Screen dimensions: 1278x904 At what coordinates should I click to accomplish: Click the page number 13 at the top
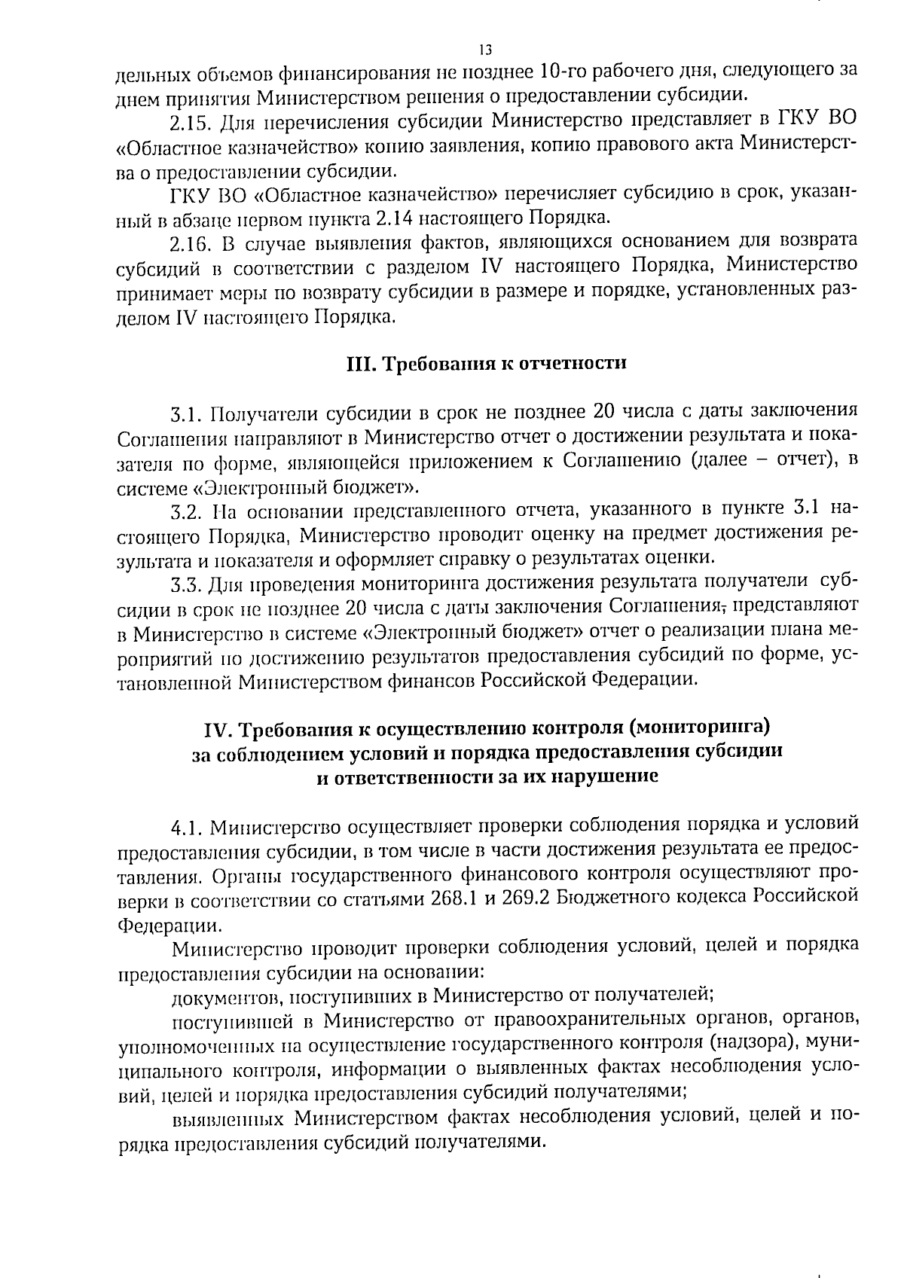[485, 50]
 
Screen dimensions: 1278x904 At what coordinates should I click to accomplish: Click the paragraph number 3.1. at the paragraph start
[186, 413]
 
